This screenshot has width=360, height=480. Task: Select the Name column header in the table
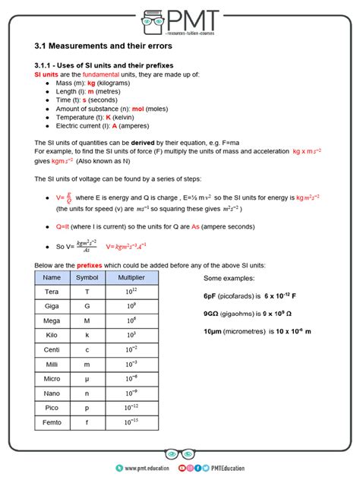pos(52,278)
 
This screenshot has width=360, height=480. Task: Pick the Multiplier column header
pos(131,278)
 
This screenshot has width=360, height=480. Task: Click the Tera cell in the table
pos(52,292)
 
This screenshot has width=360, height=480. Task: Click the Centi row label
pos(52,349)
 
